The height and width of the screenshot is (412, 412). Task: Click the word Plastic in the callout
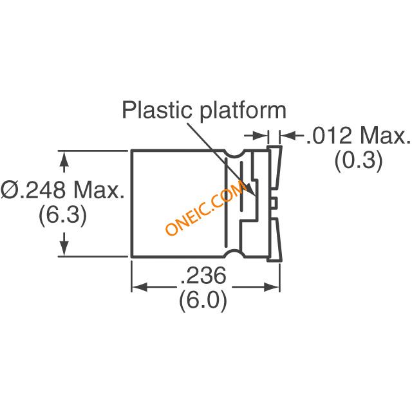[x=157, y=109]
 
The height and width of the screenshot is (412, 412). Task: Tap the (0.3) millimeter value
[x=359, y=160]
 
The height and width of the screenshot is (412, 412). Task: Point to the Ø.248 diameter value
[x=33, y=190]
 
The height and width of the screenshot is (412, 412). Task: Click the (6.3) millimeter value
[x=62, y=214]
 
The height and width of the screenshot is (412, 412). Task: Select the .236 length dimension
[x=203, y=275]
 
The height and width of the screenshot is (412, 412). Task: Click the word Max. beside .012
[x=385, y=136]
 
